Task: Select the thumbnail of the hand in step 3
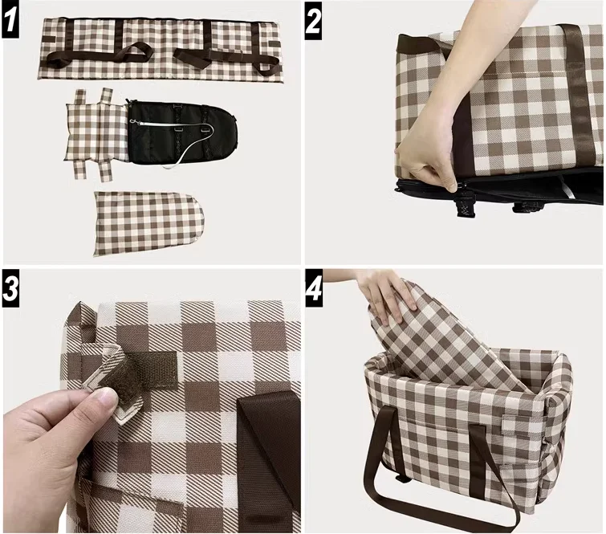100,397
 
